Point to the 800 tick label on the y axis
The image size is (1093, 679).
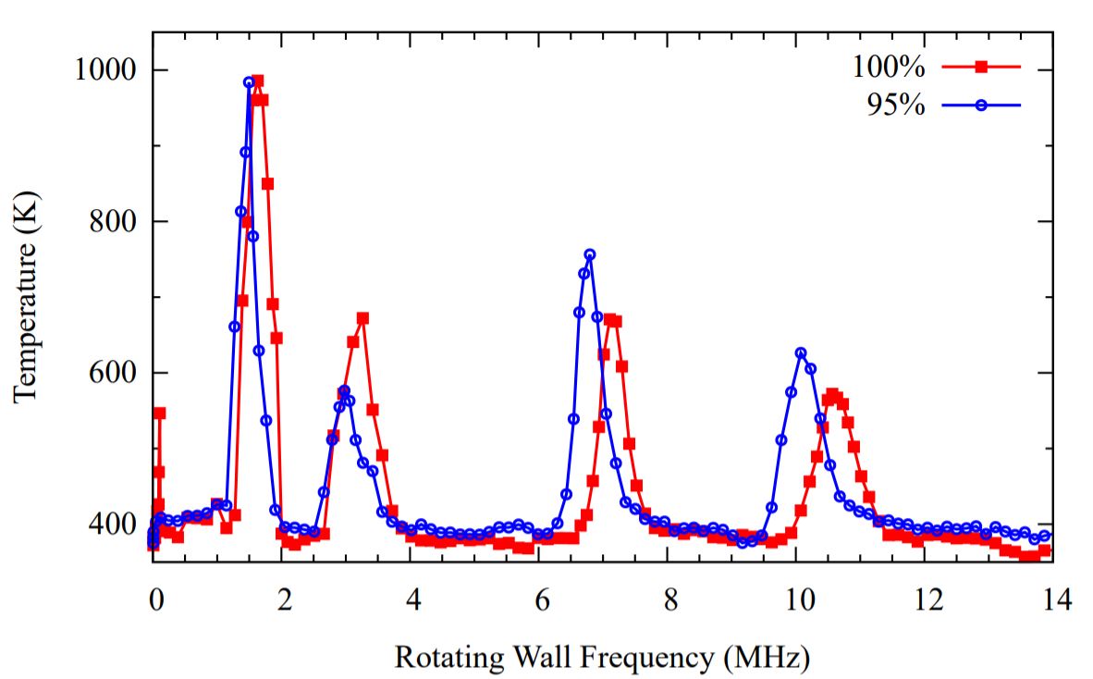tap(111, 222)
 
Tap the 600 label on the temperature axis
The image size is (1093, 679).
tap(111, 373)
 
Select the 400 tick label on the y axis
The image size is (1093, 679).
tap(111, 525)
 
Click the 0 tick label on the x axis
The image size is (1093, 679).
tap(154, 599)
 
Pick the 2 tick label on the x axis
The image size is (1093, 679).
tap(283, 599)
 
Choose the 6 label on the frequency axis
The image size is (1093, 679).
tap(541, 599)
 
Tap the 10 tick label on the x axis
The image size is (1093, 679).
tap(798, 599)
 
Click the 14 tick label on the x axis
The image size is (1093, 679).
tap(1055, 599)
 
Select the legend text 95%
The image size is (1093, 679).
tap(897, 105)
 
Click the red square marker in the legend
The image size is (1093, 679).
tap(981, 68)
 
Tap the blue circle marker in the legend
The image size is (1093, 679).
tap(981, 105)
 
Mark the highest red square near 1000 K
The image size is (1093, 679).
tap(257, 80)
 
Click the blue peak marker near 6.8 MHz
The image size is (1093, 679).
tap(590, 254)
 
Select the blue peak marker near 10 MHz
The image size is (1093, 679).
tap(800, 353)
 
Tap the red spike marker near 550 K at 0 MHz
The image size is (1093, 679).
tap(159, 413)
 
